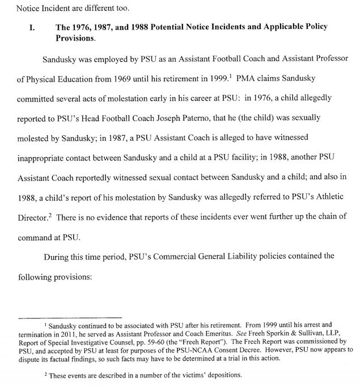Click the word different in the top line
[x=98, y=9]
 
